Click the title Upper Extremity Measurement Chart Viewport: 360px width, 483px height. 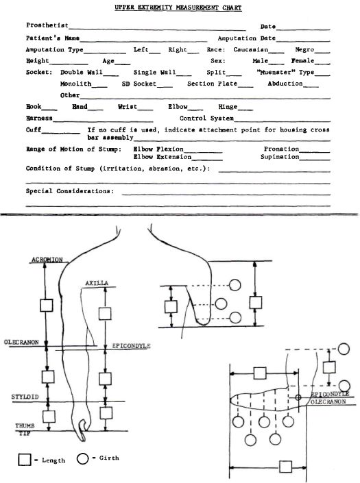point(178,8)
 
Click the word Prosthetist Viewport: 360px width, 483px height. point(47,25)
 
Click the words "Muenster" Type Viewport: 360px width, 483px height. point(285,73)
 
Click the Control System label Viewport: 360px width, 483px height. point(206,119)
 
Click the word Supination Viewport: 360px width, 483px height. point(280,157)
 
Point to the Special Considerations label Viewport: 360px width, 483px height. point(70,191)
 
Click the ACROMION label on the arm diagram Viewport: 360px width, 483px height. point(47,260)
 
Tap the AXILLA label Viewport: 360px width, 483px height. point(97,283)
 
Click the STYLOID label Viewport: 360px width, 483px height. point(25,397)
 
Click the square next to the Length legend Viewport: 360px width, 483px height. point(25,460)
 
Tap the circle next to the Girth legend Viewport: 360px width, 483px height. point(82,458)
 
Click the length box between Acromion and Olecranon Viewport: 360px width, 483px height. point(47,306)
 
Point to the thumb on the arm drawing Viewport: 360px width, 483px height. point(82,430)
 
